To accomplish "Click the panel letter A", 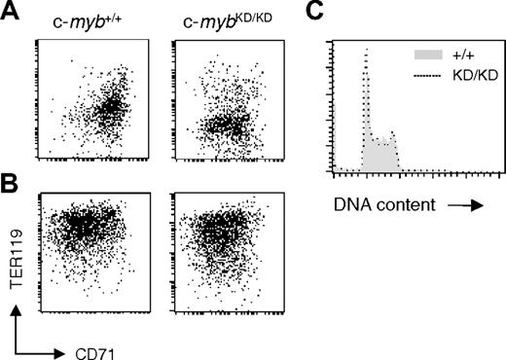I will click(x=11, y=12).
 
